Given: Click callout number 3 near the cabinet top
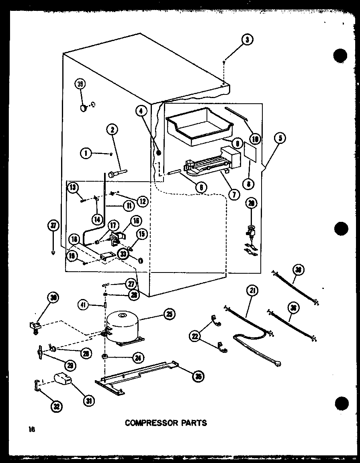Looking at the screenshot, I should [x=248, y=39].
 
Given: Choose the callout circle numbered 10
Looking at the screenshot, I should [x=255, y=139].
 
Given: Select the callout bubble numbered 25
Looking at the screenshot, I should [x=170, y=315].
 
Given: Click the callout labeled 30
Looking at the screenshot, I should [x=53, y=297].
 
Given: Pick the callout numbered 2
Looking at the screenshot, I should [x=113, y=129].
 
